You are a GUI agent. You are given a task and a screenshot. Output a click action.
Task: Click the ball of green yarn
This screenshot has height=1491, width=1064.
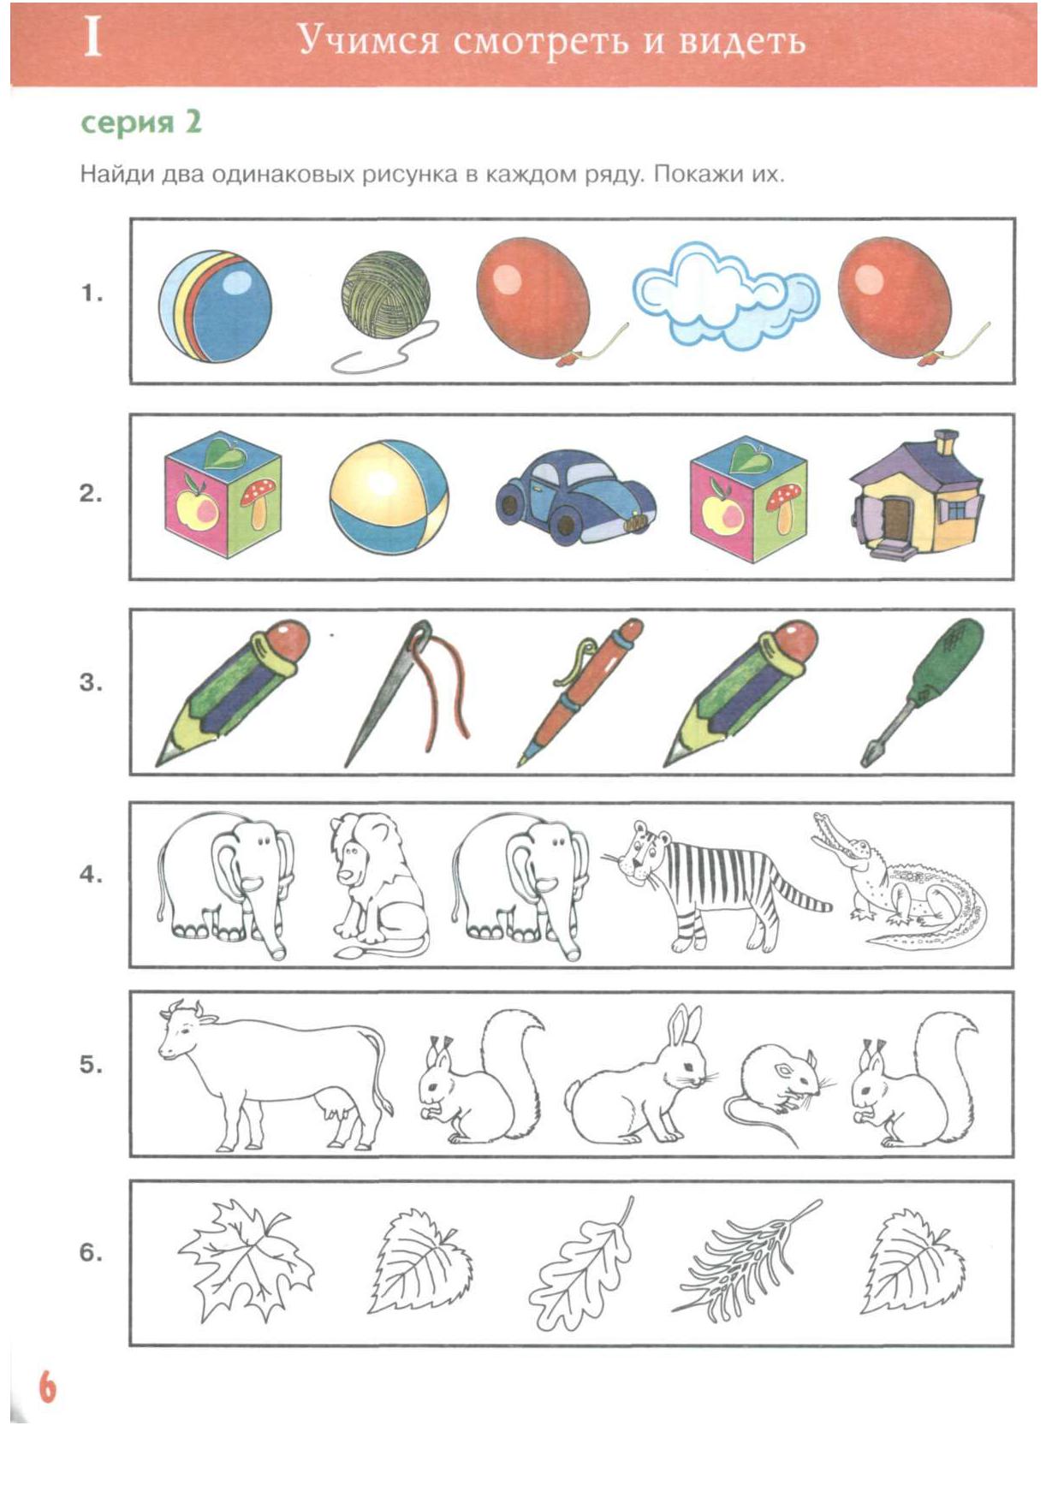point(385,295)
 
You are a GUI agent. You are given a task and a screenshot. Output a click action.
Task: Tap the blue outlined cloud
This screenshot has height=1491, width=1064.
point(725,295)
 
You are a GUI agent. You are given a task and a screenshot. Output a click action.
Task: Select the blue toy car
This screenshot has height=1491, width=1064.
point(576,497)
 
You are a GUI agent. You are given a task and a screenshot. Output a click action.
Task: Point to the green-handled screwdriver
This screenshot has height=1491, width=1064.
point(923,692)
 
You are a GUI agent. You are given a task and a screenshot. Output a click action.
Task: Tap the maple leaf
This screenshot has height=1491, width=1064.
point(246,1259)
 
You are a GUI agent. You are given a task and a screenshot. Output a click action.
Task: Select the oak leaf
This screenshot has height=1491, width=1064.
point(582,1265)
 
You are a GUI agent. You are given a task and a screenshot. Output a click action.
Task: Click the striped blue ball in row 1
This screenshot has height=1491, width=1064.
point(215,306)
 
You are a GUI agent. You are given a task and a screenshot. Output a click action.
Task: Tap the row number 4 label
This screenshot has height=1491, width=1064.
point(91,875)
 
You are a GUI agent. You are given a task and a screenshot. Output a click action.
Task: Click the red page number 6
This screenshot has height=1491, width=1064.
point(47,1387)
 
